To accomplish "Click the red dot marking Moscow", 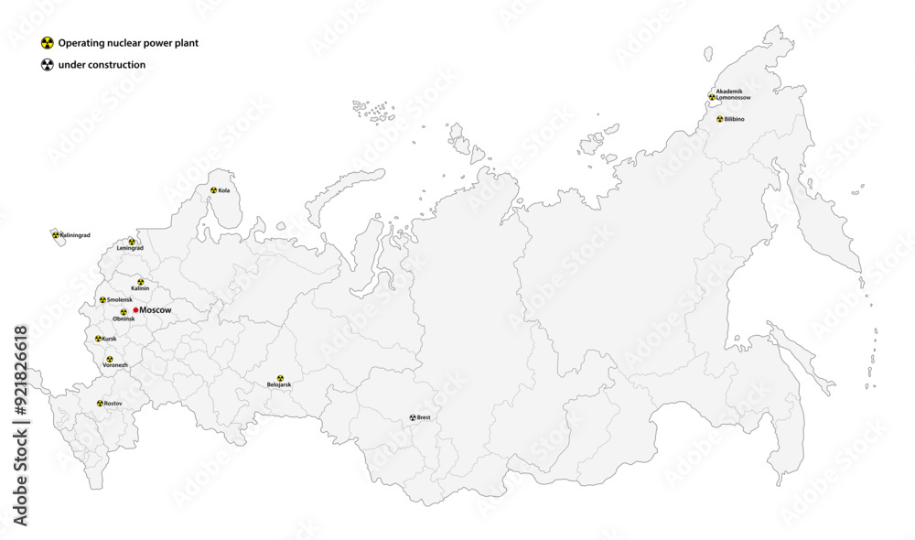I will pos(135,310).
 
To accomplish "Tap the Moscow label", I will pos(156,311).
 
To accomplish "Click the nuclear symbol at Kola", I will pos(213,190).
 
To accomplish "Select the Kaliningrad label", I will pos(75,235).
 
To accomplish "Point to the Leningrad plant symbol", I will pos(132,242).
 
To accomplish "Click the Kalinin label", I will pos(140,288).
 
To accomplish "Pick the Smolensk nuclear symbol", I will pos(102,300).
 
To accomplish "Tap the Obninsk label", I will pos(124,319).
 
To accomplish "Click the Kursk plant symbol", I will pos(98,339).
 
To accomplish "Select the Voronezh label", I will pos(115,365).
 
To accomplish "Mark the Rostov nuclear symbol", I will pos(100,403).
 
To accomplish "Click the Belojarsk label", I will pos(279,385).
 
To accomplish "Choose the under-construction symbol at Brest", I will pos(413,417).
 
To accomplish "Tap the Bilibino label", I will pos(735,119).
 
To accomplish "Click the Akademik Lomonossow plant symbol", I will pos(711,96).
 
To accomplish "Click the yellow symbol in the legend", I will pos(47,43).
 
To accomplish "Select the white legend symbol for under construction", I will pos(47,65).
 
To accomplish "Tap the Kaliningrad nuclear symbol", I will pos(56,235).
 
